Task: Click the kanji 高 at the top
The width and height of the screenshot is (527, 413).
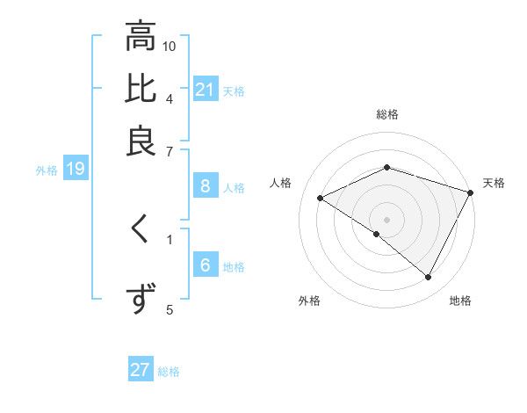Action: click(x=140, y=39)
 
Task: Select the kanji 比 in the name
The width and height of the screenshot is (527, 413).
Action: click(x=140, y=90)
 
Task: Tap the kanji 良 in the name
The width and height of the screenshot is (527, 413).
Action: click(x=140, y=141)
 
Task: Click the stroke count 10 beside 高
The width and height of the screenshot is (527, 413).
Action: click(x=170, y=46)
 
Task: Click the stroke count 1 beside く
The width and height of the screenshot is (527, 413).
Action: click(x=170, y=237)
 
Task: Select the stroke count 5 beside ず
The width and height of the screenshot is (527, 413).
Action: click(x=170, y=308)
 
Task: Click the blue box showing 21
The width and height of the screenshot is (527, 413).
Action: click(x=205, y=90)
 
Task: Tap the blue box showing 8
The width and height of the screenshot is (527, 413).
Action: click(x=205, y=186)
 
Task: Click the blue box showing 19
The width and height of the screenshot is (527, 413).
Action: click(x=75, y=170)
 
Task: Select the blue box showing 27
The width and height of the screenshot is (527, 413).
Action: click(x=140, y=370)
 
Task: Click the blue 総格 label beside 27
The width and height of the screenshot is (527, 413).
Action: click(x=169, y=372)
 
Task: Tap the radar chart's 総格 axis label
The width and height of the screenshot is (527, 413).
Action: click(x=386, y=114)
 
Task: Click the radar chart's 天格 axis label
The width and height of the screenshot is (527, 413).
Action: click(x=494, y=183)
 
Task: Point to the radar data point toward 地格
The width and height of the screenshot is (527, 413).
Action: click(x=428, y=277)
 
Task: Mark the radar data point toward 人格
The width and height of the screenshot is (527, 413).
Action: click(x=321, y=198)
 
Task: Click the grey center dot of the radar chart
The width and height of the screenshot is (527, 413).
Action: click(x=386, y=219)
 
